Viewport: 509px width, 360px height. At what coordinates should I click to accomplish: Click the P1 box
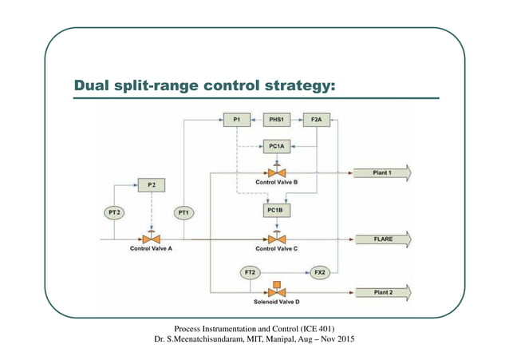pyautogui.click(x=236, y=121)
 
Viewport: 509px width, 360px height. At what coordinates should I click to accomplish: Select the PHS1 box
pyautogui.click(x=276, y=121)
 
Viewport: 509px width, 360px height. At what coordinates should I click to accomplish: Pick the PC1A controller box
pyautogui.click(x=276, y=147)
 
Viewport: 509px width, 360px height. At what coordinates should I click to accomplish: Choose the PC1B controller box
pyautogui.click(x=276, y=211)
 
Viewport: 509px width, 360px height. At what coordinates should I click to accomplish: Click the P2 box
pyautogui.click(x=151, y=184)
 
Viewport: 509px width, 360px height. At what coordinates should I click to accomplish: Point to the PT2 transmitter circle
pyautogui.click(x=114, y=212)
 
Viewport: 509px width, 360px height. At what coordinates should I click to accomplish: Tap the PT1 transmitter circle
pyautogui.click(x=183, y=212)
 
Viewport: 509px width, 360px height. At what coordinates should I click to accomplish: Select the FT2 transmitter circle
pyautogui.click(x=250, y=273)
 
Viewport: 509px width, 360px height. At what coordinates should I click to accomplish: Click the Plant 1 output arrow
pyautogui.click(x=382, y=172)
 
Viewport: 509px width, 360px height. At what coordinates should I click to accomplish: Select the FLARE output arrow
pyautogui.click(x=382, y=239)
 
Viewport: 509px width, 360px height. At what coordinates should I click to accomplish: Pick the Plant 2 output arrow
pyautogui.click(x=382, y=293)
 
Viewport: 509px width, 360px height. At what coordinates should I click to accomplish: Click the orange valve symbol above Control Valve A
pyautogui.click(x=151, y=238)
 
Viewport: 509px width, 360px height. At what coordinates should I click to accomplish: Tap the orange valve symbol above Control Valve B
pyautogui.click(x=276, y=172)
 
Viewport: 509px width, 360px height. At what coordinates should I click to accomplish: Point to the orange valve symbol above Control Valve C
pyautogui.click(x=276, y=238)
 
